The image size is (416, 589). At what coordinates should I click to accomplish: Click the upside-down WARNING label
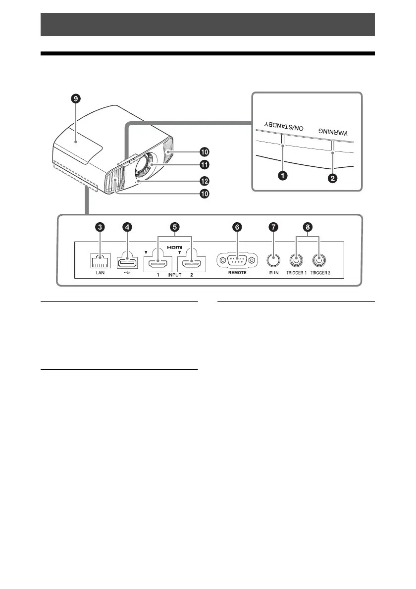click(x=333, y=132)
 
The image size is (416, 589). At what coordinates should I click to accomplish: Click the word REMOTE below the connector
click(x=237, y=273)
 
